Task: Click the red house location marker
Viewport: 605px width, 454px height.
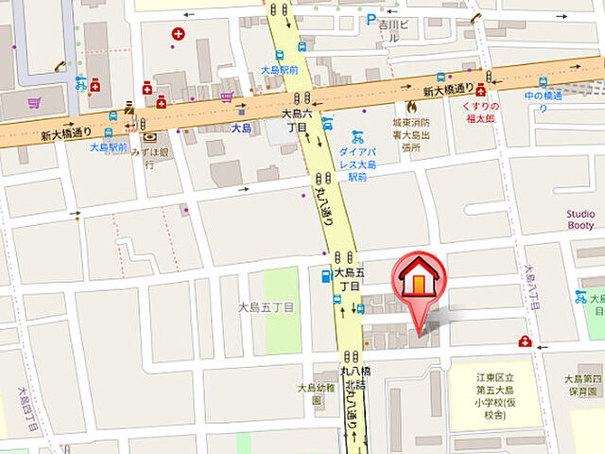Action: [x=415, y=284]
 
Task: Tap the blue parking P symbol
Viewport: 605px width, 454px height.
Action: [x=371, y=19]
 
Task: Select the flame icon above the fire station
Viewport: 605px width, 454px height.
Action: [x=410, y=108]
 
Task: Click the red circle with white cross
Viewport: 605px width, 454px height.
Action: [x=178, y=34]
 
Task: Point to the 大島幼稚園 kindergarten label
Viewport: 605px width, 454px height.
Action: [x=317, y=393]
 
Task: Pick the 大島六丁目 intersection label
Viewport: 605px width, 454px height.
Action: [x=296, y=119]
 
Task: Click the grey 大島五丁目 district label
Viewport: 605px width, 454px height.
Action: [x=266, y=307]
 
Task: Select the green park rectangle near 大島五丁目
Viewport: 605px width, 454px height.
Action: [x=281, y=308]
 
